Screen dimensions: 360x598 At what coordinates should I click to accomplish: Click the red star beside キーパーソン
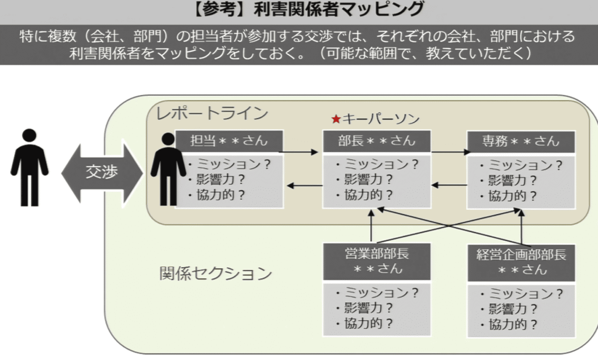point(336,119)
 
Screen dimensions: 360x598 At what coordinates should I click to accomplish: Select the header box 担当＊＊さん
point(230,141)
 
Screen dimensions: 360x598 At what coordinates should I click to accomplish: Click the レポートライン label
point(211,113)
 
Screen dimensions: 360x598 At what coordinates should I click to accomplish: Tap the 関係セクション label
point(216,273)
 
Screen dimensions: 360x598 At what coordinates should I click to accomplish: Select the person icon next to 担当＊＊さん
point(168,169)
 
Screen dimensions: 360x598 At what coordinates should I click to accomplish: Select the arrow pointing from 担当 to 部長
point(303,153)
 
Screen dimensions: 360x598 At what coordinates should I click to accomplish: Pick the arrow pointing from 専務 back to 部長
point(448,186)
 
